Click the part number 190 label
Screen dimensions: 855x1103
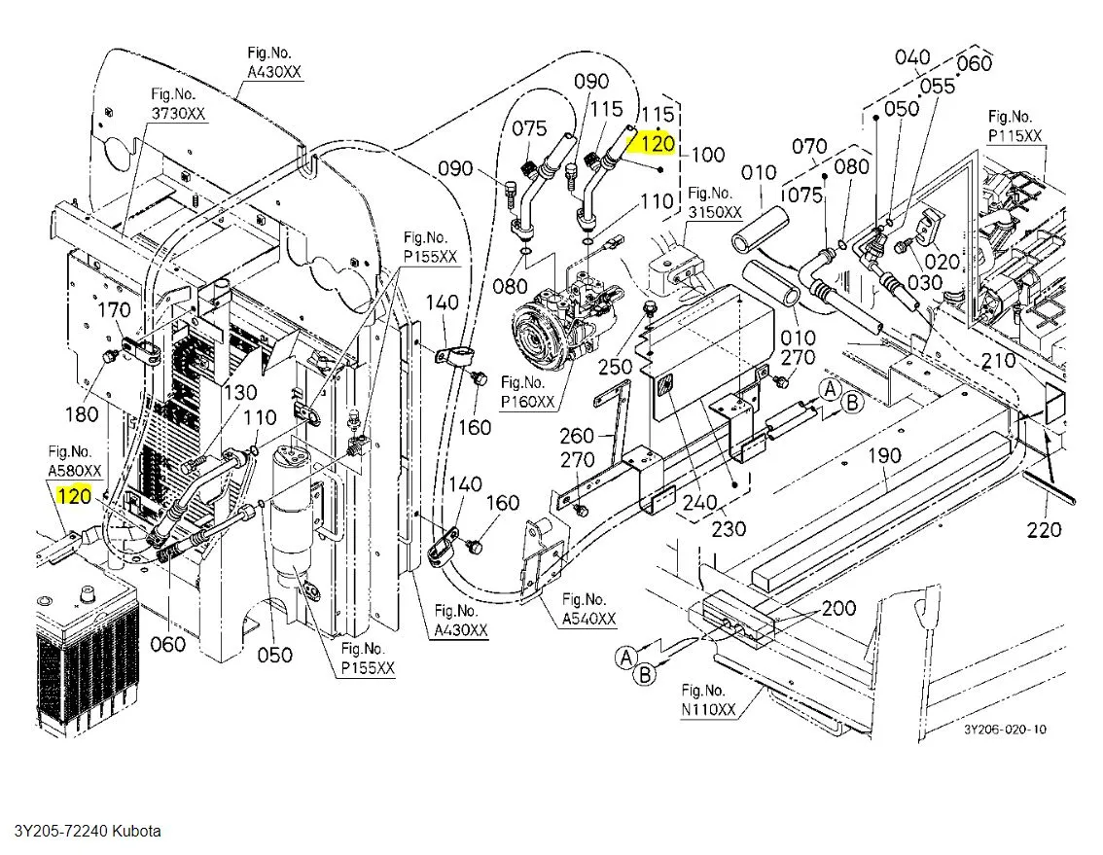[886, 455]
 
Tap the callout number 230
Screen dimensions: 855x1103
[729, 527]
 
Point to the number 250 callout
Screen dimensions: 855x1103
[615, 367]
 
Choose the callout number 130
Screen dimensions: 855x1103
[239, 392]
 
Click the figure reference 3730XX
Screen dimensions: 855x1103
[178, 113]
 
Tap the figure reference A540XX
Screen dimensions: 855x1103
[589, 619]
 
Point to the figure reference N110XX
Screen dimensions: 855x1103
[708, 710]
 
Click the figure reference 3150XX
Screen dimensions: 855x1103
[715, 211]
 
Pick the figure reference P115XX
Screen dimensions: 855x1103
[1015, 135]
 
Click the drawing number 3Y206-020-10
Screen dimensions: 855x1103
[1006, 730]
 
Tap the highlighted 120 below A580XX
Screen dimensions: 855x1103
[75, 497]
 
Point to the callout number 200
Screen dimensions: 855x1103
[839, 608]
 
